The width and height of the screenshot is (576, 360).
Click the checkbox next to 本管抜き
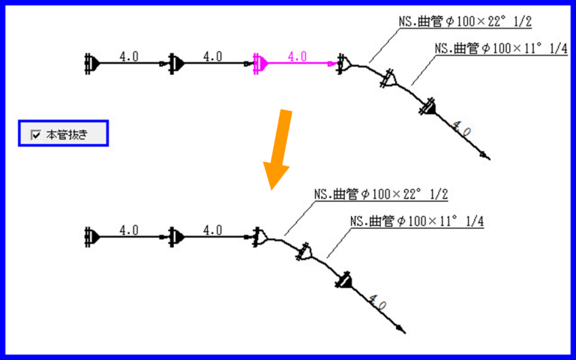[35, 135]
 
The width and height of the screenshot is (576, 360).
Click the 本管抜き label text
[67, 135]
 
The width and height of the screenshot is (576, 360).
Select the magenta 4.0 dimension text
[297, 55]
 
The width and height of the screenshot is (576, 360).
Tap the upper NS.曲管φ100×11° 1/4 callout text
[495, 48]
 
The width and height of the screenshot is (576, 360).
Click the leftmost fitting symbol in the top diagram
[91, 64]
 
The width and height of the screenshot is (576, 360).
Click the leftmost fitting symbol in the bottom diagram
[91, 237]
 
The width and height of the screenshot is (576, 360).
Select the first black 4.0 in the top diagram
[129, 55]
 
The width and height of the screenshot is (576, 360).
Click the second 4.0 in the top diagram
[212, 55]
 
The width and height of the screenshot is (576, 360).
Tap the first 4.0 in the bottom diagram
[129, 229]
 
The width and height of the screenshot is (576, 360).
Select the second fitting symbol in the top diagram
[175, 64]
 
